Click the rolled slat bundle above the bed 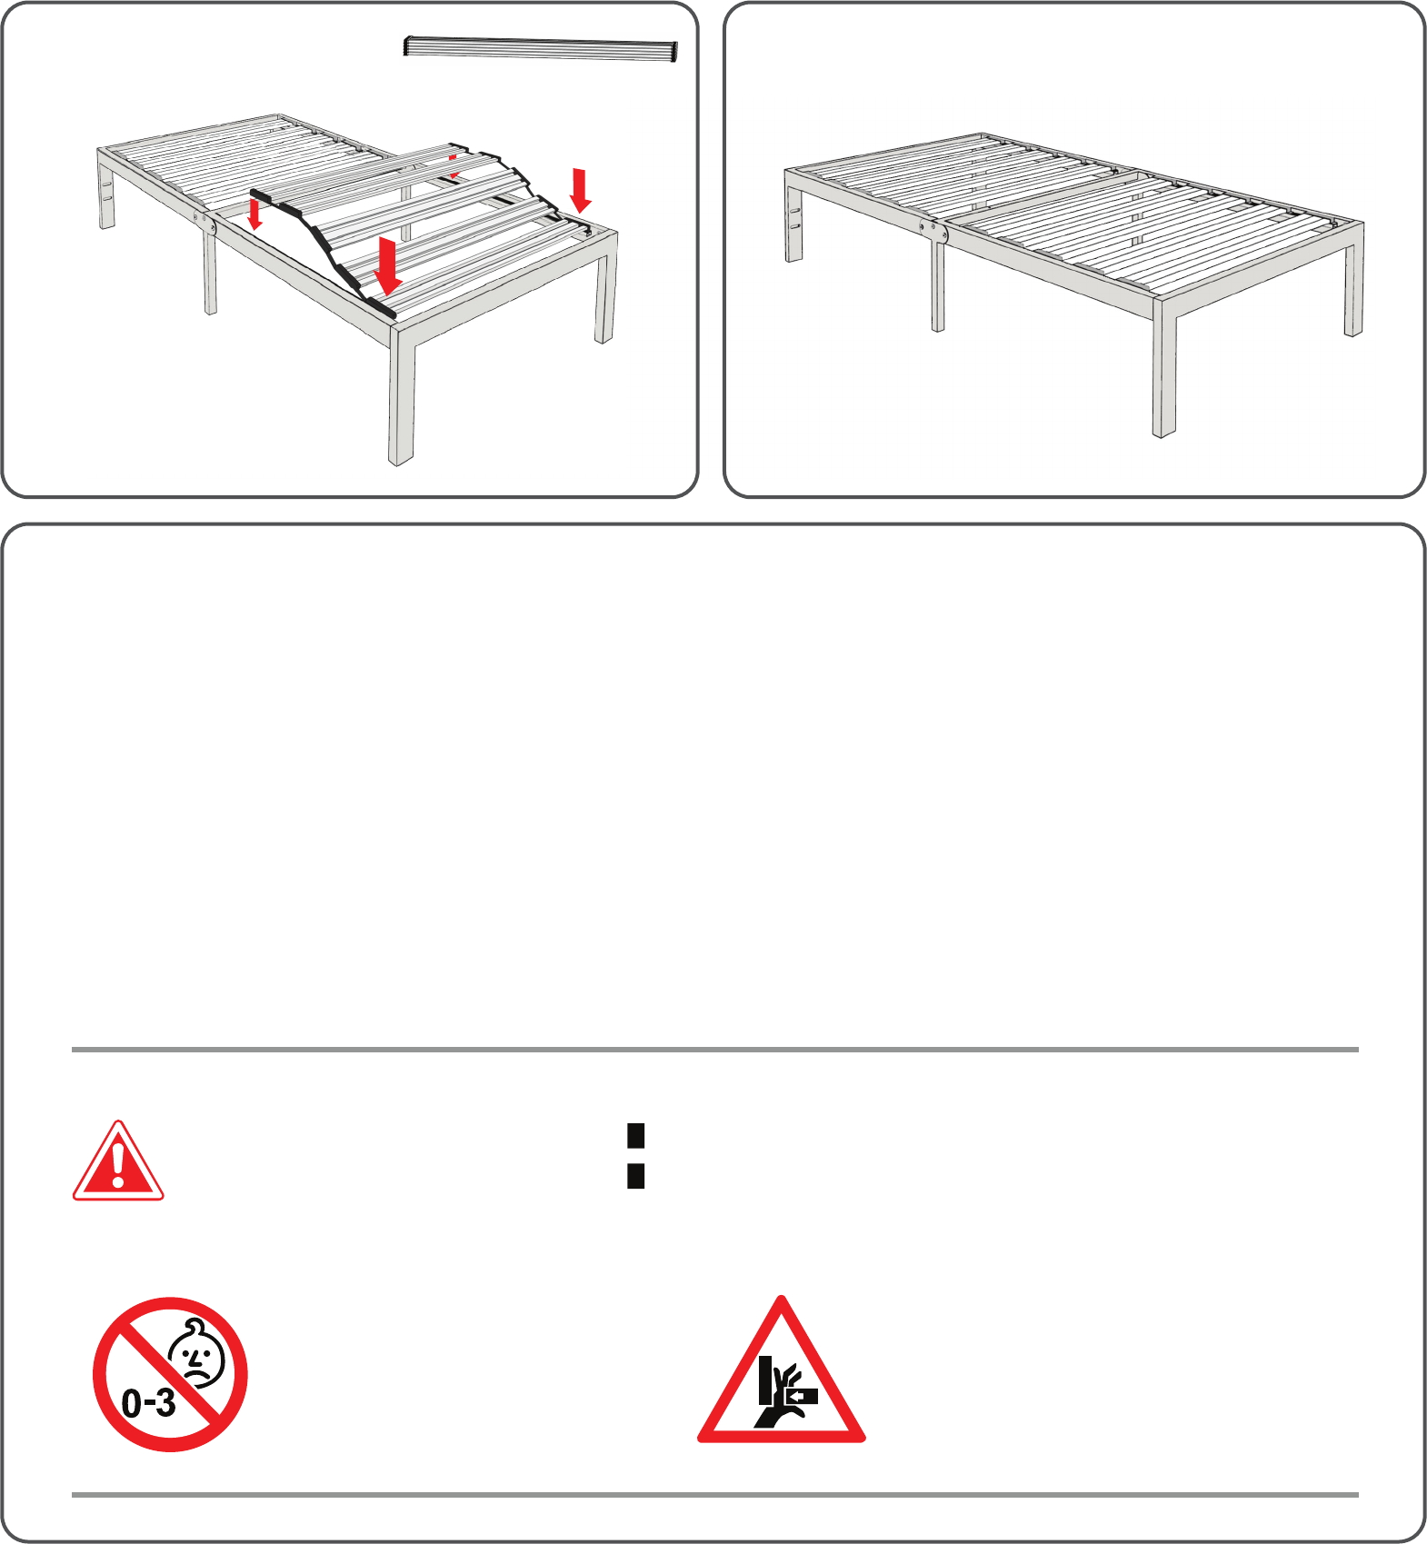(x=541, y=49)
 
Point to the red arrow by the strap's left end (x=255, y=214)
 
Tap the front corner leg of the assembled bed (x=1164, y=368)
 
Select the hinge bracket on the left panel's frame (x=205, y=224)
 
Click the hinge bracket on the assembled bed (x=933, y=229)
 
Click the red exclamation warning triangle (x=118, y=1161)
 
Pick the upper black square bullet (x=636, y=1135)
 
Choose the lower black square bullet (x=636, y=1176)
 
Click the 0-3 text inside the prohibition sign (x=149, y=1402)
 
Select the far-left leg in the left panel (x=107, y=190)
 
